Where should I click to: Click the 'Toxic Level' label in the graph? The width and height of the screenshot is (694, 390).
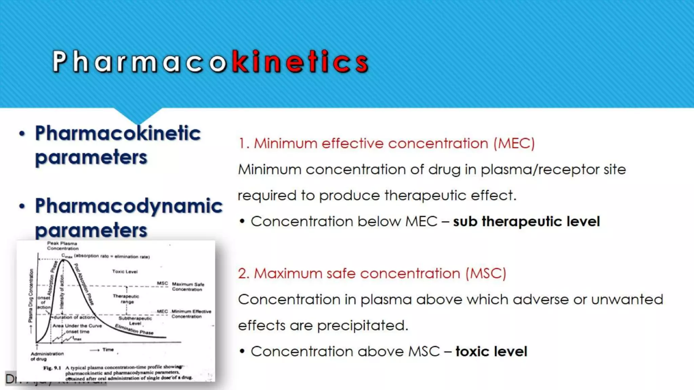pyautogui.click(x=125, y=272)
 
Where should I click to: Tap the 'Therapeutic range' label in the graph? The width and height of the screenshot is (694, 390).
pyautogui.click(x=126, y=299)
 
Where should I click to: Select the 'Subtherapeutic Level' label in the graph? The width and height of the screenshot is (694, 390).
pyautogui.click(x=135, y=321)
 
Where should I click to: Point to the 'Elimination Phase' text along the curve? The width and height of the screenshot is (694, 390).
pyautogui.click(x=134, y=329)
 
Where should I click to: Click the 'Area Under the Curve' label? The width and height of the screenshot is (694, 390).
pyautogui.click(x=77, y=326)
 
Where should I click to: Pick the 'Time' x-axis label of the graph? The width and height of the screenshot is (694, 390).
pyautogui.click(x=108, y=350)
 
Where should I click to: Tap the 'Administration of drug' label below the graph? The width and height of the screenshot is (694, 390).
pyautogui.click(x=47, y=356)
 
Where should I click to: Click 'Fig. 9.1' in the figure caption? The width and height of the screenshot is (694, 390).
pyautogui.click(x=52, y=368)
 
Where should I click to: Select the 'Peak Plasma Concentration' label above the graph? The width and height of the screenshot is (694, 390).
pyautogui.click(x=63, y=246)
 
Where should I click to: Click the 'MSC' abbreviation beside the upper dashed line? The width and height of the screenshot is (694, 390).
pyautogui.click(x=162, y=283)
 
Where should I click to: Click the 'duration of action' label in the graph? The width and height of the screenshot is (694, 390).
pyautogui.click(x=74, y=318)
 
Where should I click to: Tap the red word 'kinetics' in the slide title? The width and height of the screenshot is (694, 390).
pyautogui.click(x=300, y=62)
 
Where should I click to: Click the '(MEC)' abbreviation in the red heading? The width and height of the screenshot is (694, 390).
pyautogui.click(x=514, y=143)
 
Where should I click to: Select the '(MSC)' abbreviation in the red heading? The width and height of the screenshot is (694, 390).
pyautogui.click(x=486, y=273)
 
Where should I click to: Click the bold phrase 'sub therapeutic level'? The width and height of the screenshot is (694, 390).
pyautogui.click(x=526, y=221)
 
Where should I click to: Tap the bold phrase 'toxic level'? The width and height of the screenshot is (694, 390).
pyautogui.click(x=491, y=351)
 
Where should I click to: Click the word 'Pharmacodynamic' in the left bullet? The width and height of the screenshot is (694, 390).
pyautogui.click(x=129, y=206)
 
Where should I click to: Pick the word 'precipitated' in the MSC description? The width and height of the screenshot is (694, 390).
pyautogui.click(x=362, y=326)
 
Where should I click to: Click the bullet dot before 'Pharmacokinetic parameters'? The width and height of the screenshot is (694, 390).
pyautogui.click(x=22, y=133)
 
